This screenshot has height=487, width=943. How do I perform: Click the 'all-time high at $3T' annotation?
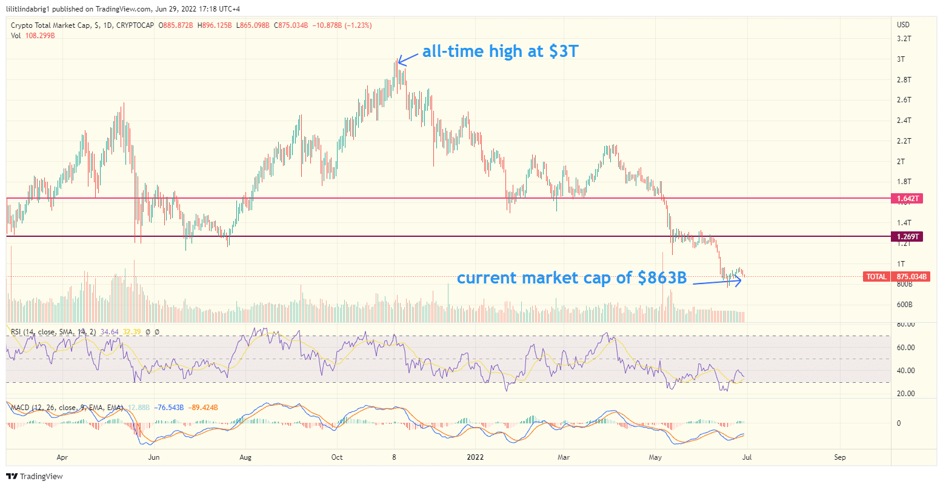[x=500, y=51]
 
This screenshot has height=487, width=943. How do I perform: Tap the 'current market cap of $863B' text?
[x=571, y=278]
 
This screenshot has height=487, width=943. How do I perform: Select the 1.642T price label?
[x=907, y=199]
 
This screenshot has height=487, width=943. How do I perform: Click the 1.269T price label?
[x=907, y=237]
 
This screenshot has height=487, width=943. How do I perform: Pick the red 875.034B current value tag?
[x=909, y=277]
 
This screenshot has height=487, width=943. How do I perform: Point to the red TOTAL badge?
[x=876, y=277]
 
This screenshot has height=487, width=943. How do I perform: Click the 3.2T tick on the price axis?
[x=904, y=39]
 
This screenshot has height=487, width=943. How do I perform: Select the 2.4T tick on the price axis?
[x=904, y=121]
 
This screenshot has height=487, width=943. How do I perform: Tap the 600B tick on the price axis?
[x=905, y=305]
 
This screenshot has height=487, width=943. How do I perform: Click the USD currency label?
[x=903, y=25]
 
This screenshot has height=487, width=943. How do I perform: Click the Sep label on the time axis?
[x=839, y=457]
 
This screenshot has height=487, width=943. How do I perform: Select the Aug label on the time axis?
[x=245, y=457]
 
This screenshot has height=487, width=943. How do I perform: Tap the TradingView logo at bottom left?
[x=35, y=477]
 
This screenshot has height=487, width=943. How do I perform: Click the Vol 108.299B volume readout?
[x=33, y=36]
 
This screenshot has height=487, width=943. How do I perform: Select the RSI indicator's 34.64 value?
[x=110, y=332]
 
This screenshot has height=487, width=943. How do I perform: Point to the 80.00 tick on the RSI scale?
[x=905, y=325]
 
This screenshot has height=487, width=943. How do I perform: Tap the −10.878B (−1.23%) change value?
[x=342, y=25]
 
